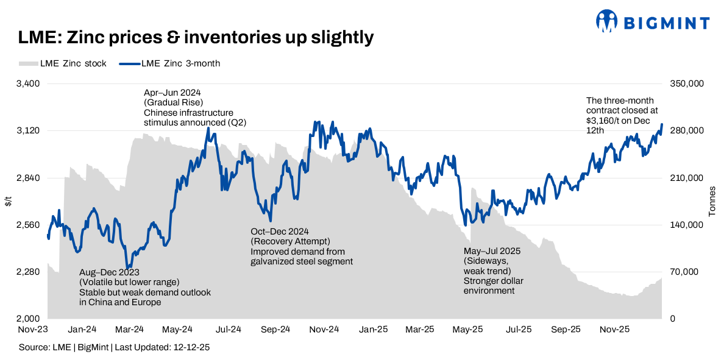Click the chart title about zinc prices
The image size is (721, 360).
point(196,38)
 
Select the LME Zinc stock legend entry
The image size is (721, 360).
point(63,63)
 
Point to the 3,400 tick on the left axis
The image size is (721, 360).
point(27,84)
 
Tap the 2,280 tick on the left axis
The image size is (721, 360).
point(27,272)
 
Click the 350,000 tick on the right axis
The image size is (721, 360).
point(687,84)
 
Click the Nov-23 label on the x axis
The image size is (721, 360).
point(34,330)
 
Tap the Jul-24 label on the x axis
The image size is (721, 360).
point(228,330)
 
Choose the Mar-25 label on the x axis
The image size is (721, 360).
point(420,330)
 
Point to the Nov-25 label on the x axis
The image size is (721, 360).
point(614,330)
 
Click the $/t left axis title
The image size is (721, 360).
point(8,202)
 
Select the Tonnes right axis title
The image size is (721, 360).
point(712,202)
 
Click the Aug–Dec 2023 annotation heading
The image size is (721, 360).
point(108,272)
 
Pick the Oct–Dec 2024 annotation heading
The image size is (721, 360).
point(280,232)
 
